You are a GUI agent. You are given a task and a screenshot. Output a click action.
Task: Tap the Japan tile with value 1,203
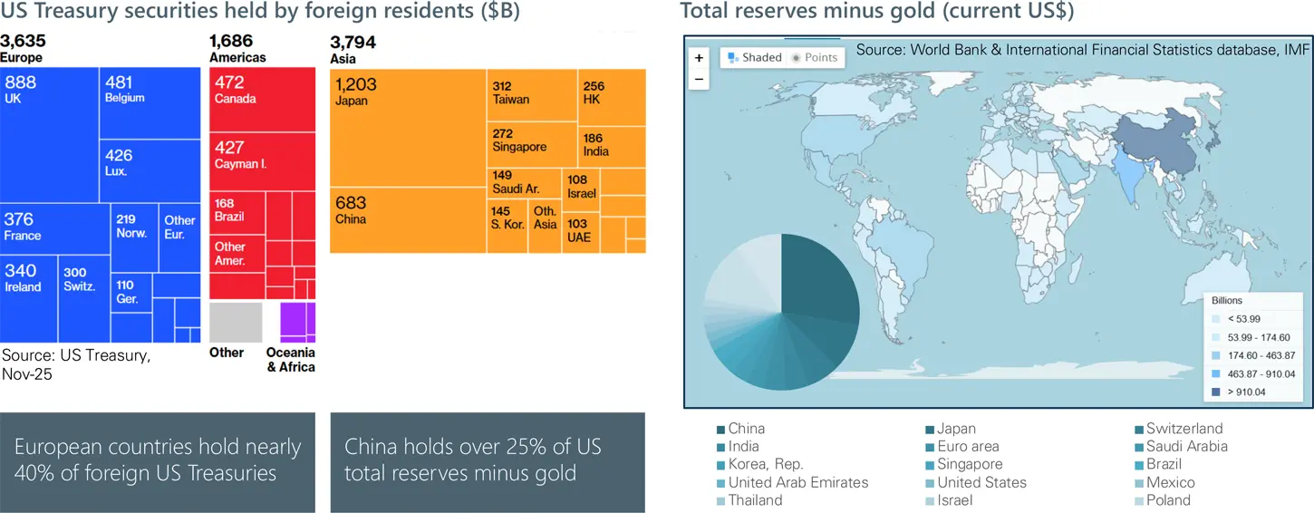point(408,127)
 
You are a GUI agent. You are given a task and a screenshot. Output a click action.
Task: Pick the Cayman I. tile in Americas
point(263,161)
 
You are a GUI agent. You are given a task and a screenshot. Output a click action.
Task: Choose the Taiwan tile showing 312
point(532,94)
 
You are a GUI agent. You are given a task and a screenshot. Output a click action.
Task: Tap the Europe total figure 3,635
point(23,42)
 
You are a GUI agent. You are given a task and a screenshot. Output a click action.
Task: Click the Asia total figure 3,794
point(353,43)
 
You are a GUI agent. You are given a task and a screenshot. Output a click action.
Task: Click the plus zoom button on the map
point(699,58)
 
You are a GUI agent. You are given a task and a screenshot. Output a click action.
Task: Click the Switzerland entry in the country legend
point(1184,429)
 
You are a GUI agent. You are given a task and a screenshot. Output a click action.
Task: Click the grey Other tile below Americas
point(236,324)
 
